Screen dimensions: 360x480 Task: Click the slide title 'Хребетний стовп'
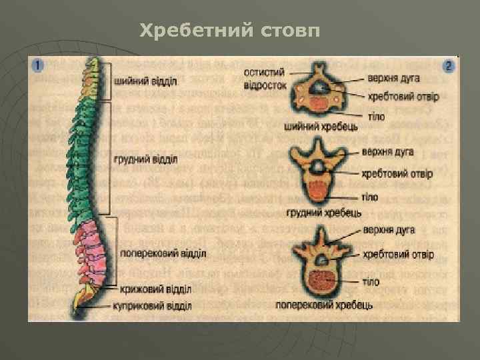point(231,31)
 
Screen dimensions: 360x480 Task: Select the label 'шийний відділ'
point(146,82)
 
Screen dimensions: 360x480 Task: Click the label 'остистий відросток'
point(265,79)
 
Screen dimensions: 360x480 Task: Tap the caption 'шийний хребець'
point(321,125)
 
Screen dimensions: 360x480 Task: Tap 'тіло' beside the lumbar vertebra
point(371,281)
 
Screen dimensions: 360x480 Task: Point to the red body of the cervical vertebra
point(321,101)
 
